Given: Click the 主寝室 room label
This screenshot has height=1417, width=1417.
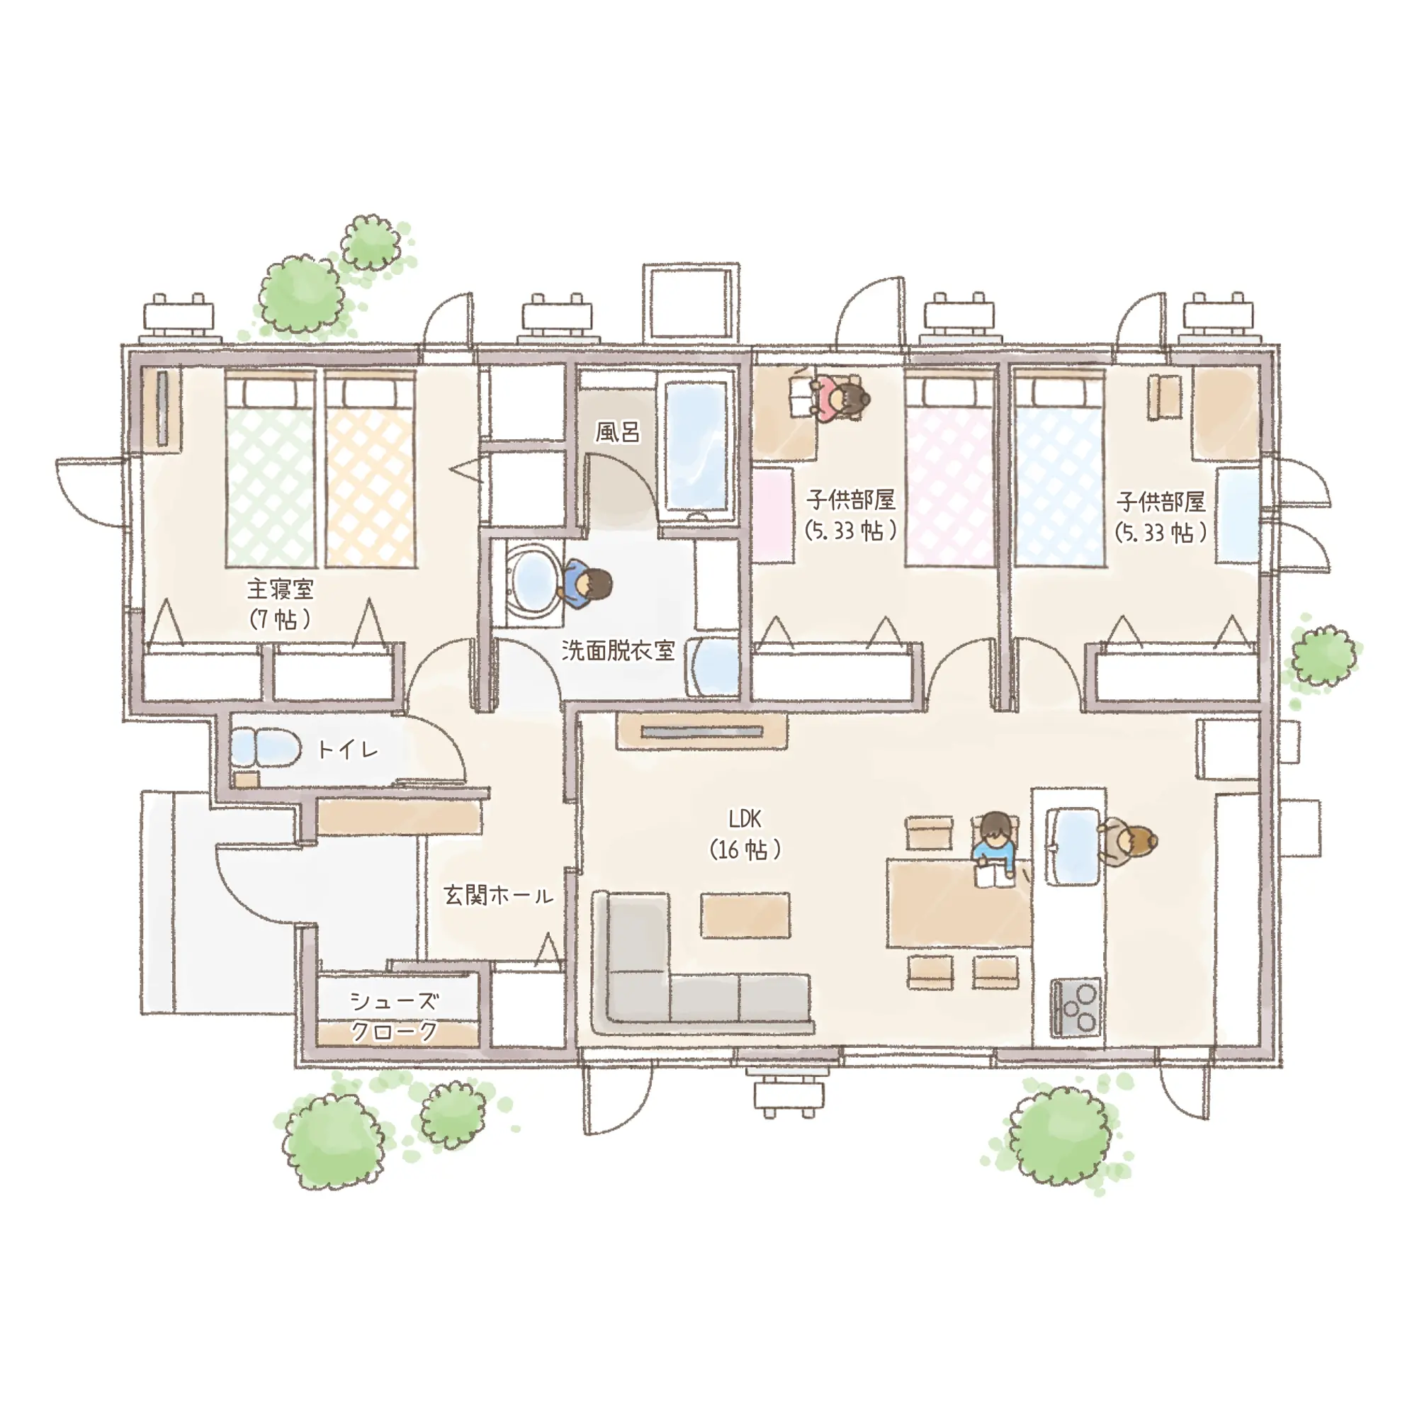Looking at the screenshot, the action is tap(280, 589).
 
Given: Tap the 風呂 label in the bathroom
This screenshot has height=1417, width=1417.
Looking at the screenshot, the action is tap(617, 432).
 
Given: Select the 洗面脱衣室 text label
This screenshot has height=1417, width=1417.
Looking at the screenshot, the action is tap(618, 650).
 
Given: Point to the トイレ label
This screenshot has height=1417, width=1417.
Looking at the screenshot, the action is tap(348, 750).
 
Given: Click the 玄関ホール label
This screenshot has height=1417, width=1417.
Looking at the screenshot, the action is tap(498, 896).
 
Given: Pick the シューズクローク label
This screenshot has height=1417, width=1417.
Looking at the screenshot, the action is tap(395, 1016).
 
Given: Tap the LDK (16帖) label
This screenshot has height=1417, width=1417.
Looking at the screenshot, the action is tap(745, 834).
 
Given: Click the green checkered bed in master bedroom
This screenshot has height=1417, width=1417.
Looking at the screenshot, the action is tap(271, 470).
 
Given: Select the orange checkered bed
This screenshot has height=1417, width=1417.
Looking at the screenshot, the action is tap(371, 470).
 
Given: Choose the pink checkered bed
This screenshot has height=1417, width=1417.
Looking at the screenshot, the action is tap(950, 470).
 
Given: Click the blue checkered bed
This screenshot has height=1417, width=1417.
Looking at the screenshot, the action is tap(1060, 470).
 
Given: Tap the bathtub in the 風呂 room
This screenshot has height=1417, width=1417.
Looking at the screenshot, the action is tap(699, 446).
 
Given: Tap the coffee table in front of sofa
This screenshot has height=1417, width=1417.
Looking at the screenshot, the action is tap(745, 915).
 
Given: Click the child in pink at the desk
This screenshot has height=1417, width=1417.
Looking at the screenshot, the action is tap(840, 398).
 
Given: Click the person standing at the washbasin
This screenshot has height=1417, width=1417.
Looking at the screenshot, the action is tap(585, 585).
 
